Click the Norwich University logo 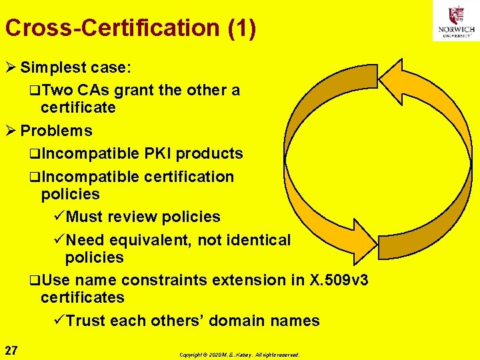[456, 21]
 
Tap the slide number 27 [11, 350]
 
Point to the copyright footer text [239, 355]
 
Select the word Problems [56, 131]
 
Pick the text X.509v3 [339, 280]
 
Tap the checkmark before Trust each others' [59, 321]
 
